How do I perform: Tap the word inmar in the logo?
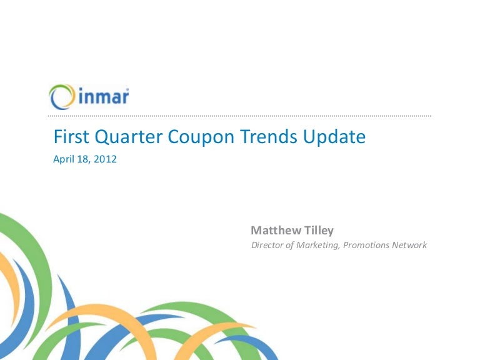click(x=103, y=97)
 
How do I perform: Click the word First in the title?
click(x=71, y=136)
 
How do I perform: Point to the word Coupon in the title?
click(x=201, y=137)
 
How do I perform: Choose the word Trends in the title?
click(x=269, y=136)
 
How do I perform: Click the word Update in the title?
click(x=334, y=137)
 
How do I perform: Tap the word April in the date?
click(x=63, y=159)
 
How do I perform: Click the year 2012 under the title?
click(x=105, y=159)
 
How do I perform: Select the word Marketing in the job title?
click(x=317, y=246)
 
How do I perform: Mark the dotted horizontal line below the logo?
click(x=239, y=116)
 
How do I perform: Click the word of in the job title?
click(x=289, y=245)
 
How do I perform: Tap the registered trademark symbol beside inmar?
click(x=127, y=89)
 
